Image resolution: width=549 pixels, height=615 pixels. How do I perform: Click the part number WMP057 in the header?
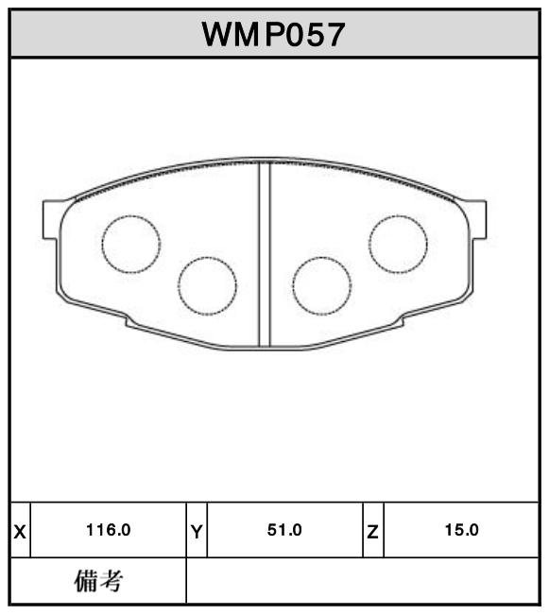click(x=273, y=35)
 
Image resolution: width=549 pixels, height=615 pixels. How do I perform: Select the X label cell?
click(x=20, y=531)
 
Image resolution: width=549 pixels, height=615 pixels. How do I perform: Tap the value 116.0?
click(x=108, y=531)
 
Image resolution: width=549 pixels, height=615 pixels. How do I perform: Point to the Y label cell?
click(x=197, y=531)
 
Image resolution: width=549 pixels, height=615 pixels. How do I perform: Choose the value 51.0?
click(x=284, y=531)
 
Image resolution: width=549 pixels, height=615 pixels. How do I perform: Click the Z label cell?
click(x=373, y=531)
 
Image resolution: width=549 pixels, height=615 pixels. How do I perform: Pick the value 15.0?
click(x=461, y=531)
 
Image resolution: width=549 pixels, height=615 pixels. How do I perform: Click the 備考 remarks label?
click(x=98, y=581)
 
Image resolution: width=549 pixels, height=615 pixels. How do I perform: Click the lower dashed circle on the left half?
click(x=207, y=285)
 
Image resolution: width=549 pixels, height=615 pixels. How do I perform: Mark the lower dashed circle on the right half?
click(x=321, y=285)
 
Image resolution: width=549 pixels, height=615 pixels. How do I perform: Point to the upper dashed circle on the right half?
click(x=398, y=243)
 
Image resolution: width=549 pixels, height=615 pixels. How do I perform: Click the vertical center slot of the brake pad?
click(x=265, y=253)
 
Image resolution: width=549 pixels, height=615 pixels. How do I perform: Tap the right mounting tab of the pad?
click(x=478, y=218)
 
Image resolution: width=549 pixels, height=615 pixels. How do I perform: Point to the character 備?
click(x=85, y=581)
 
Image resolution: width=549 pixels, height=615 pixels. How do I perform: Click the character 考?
click(x=112, y=581)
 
